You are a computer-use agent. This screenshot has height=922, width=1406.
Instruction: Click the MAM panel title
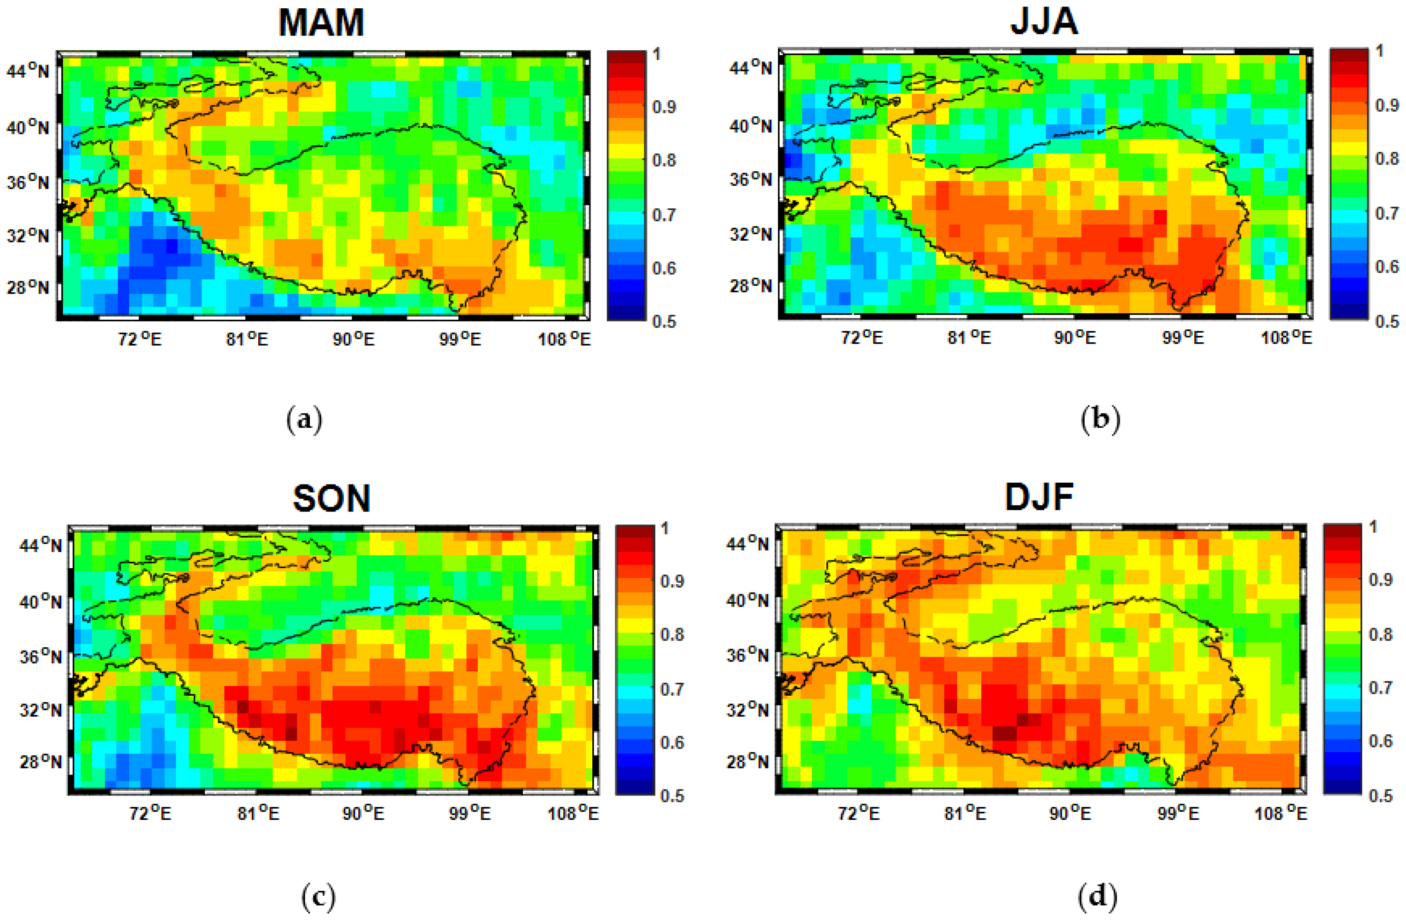[321, 23]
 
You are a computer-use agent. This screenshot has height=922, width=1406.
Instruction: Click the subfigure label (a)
[304, 420]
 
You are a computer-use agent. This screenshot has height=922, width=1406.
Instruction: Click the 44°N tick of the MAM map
[28, 71]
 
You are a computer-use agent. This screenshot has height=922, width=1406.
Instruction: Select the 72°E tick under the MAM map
[139, 339]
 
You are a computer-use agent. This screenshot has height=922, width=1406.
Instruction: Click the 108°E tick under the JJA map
[1286, 337]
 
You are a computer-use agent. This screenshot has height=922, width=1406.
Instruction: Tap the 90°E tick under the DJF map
[1070, 813]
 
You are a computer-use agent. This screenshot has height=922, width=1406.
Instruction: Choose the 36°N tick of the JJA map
[750, 179]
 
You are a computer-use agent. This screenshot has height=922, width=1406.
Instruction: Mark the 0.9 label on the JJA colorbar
[1387, 106]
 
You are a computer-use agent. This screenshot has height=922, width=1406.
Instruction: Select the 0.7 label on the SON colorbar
[672, 689]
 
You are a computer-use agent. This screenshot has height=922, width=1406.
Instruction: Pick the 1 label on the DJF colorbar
[1373, 526]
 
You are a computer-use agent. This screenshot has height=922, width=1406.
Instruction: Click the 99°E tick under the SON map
[469, 813]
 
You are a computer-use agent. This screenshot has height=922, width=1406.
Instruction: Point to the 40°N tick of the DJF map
[747, 600]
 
